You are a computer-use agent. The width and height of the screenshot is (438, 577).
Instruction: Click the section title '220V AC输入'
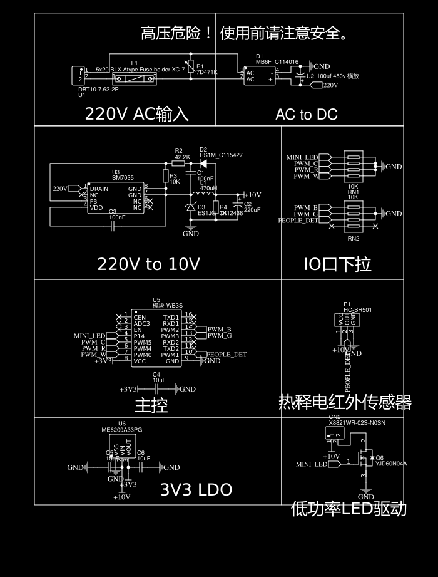point(136,114)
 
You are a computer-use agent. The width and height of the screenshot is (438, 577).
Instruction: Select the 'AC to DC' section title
point(306,115)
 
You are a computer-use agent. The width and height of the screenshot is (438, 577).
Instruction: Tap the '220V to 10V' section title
point(148,264)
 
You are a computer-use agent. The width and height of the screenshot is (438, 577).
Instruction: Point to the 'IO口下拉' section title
point(337,264)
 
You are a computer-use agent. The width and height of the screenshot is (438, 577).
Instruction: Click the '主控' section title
point(151,405)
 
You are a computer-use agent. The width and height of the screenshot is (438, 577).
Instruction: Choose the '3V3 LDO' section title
point(196,490)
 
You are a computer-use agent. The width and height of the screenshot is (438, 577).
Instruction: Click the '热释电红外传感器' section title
point(345,402)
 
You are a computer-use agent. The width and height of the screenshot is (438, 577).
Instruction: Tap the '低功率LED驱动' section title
point(349,509)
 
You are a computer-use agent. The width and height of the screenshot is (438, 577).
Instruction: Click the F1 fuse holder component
point(135,79)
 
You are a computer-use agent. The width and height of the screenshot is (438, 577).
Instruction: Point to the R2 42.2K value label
point(182,157)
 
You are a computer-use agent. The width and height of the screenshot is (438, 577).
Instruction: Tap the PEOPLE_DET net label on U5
point(227,355)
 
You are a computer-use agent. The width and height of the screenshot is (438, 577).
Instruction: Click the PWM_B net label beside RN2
point(306,207)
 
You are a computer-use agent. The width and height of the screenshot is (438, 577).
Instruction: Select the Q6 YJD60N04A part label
point(391,464)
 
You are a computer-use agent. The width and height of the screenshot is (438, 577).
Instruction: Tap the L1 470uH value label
point(208,188)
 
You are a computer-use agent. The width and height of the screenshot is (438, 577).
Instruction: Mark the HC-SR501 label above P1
point(358,309)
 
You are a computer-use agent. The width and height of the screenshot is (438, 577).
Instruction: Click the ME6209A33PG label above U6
point(122,430)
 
